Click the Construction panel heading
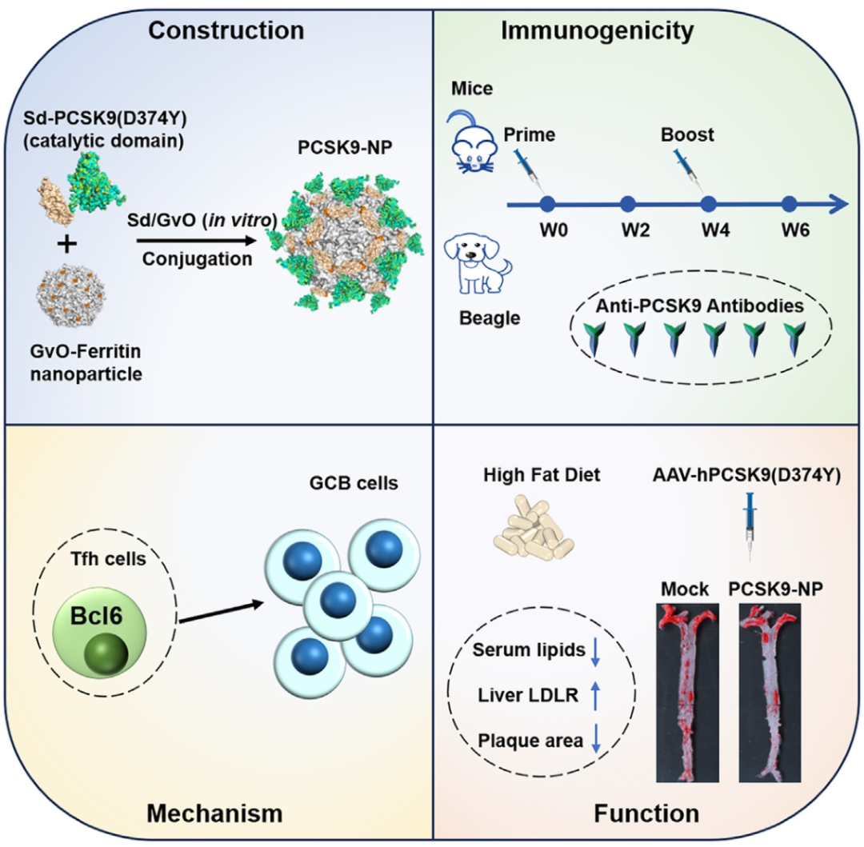226,30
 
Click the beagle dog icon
478,262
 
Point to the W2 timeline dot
627,205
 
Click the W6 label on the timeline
795,232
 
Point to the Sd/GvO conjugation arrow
195,241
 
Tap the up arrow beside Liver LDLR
595,697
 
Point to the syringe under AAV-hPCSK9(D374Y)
750,532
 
